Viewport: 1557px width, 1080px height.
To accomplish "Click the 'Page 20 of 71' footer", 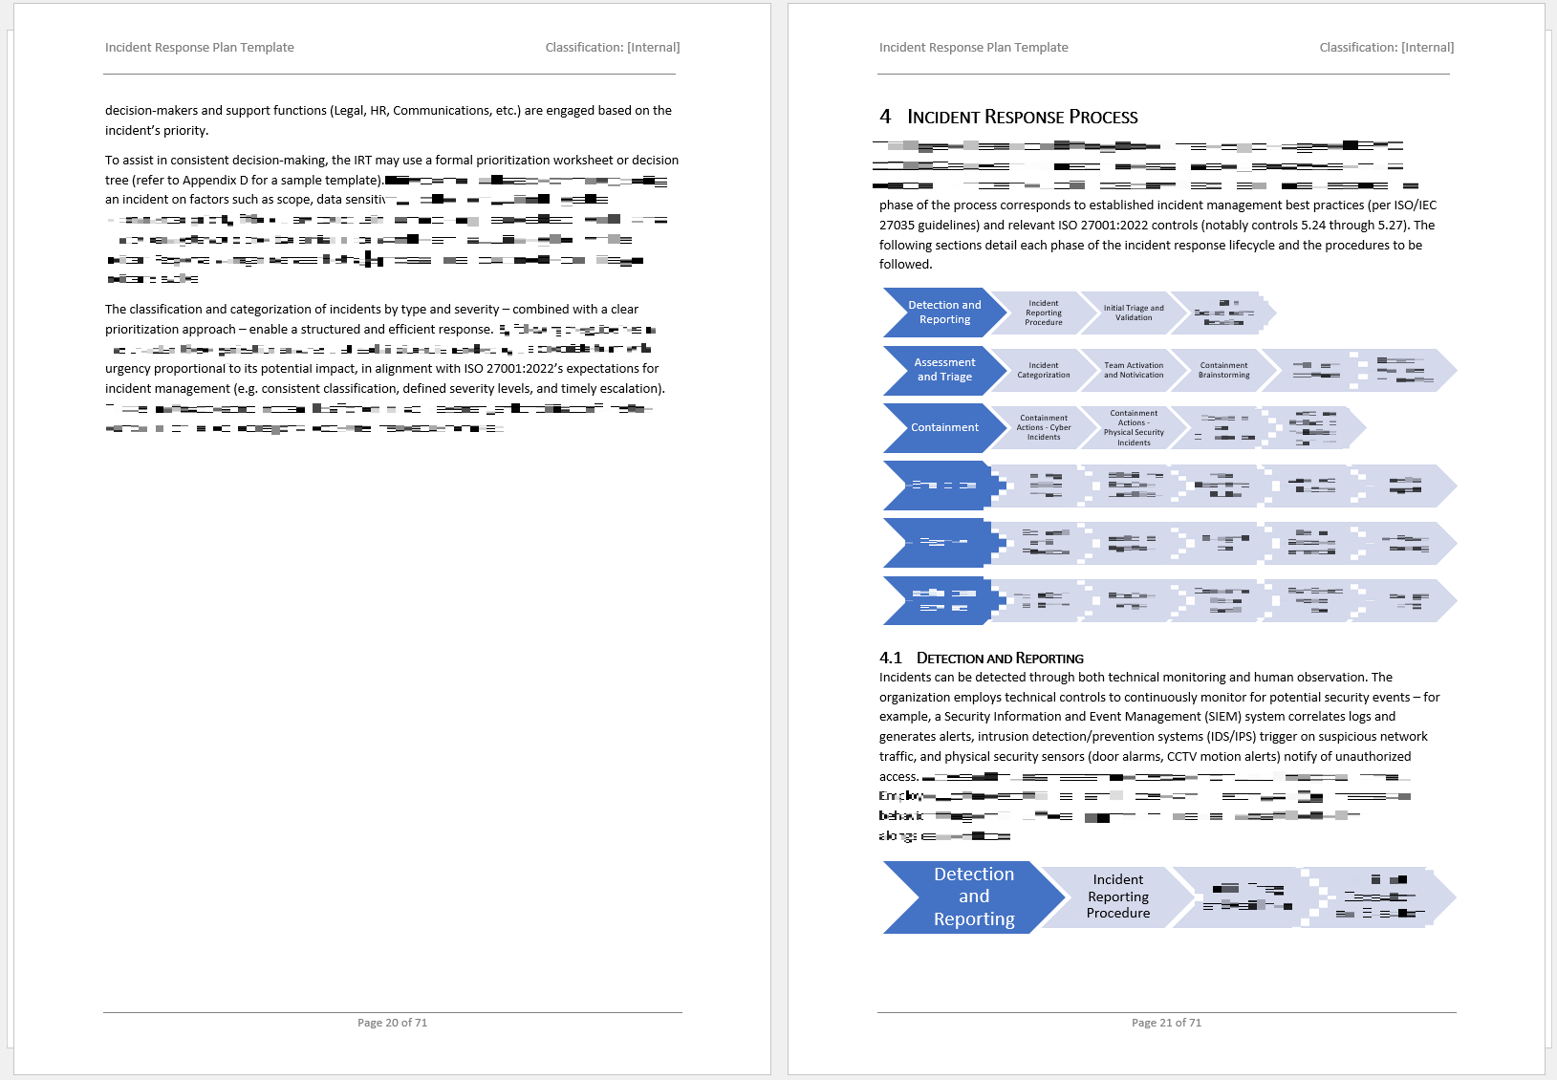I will (x=392, y=1023).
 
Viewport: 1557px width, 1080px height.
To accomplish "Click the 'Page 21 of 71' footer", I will (x=1166, y=1023).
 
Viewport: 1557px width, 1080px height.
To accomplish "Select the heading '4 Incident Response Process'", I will (x=1008, y=117).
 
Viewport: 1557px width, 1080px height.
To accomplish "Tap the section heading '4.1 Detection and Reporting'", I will (x=982, y=658).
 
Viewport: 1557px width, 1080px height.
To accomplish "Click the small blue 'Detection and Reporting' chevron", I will (x=943, y=313).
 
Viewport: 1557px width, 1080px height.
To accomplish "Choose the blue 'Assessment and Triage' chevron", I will (x=943, y=370).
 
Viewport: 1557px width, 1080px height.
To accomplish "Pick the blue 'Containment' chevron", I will (x=943, y=427).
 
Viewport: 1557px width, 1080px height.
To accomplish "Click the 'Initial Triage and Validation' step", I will (x=1134, y=313).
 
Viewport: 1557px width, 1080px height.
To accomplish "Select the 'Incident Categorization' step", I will (x=1043, y=370).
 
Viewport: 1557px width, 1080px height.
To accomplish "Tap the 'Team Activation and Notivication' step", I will (x=1134, y=370).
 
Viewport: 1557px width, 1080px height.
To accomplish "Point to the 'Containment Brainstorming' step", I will (x=1223, y=370).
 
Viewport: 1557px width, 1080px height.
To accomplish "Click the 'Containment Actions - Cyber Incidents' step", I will (x=1043, y=427).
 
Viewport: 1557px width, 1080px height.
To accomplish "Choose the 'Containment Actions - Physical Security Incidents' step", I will (x=1134, y=427).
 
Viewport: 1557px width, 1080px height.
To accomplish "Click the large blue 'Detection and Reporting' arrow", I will (x=972, y=896).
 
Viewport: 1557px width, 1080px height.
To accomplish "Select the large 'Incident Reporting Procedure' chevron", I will (x=1117, y=896).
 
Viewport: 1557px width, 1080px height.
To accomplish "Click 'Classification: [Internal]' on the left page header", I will (x=612, y=47).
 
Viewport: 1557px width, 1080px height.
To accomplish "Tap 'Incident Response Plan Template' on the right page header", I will (x=973, y=47).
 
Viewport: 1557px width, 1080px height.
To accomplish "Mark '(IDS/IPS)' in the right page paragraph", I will (x=1231, y=736).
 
